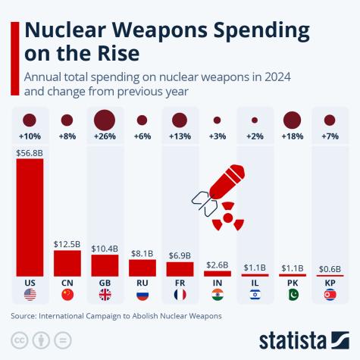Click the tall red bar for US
coord(30,217)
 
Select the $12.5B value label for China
coord(67,244)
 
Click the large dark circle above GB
coord(105,120)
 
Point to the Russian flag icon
coord(142,295)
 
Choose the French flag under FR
coord(180,295)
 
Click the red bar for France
coord(180,268)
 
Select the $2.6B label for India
coord(217,264)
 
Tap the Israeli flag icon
coord(255,295)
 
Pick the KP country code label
coord(330,281)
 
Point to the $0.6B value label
coord(330,268)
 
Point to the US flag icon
coord(30,295)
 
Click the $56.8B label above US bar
coord(30,152)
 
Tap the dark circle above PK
coord(292,120)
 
